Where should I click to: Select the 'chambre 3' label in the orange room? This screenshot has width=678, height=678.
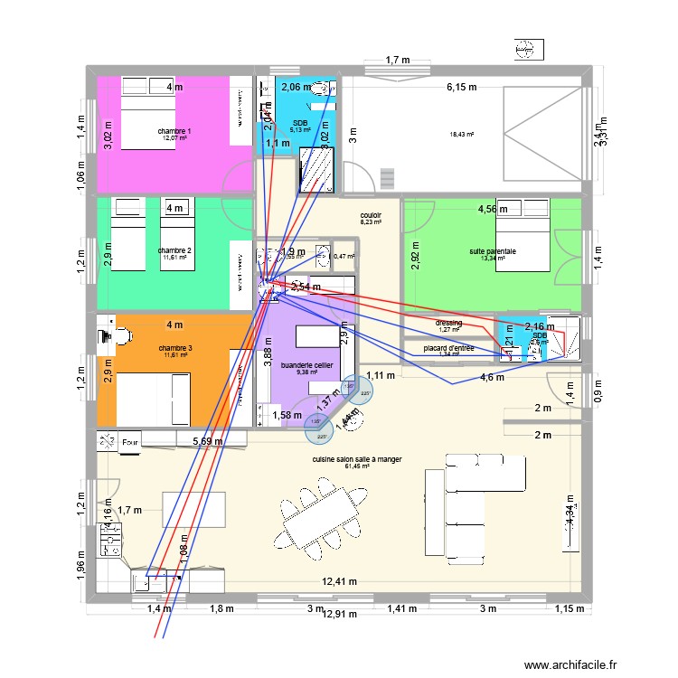[175, 348]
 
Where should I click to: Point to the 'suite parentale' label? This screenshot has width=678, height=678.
[493, 252]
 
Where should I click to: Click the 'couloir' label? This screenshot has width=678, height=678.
[371, 214]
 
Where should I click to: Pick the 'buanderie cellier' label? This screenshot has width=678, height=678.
[307, 364]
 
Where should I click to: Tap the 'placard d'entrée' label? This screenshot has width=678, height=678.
[449, 347]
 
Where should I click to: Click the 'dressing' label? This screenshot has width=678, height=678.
[449, 323]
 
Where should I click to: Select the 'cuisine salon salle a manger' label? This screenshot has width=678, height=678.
[356, 459]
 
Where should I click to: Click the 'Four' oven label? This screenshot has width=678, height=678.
[131, 442]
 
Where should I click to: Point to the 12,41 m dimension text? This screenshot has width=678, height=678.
[337, 582]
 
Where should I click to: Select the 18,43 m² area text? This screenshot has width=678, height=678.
[462, 136]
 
